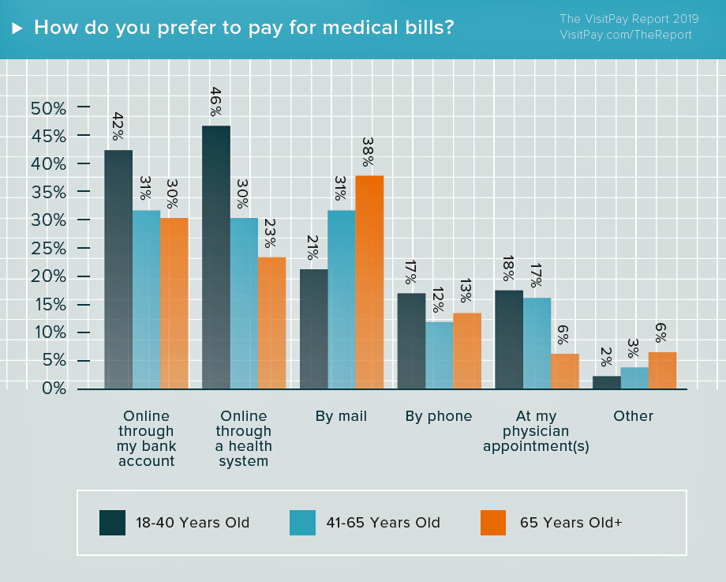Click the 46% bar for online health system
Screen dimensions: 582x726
216,257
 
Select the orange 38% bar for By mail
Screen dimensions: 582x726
369,282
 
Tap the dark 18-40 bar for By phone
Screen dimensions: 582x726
410,340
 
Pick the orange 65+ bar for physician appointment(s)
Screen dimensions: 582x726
564,371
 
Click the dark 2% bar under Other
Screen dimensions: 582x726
606,382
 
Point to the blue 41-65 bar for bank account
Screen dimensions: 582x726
146,299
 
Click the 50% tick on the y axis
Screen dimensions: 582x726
48,108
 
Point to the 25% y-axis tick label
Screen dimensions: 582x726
48,249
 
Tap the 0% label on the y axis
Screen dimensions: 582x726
52,389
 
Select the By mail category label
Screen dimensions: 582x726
341,416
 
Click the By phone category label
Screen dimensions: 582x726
439,416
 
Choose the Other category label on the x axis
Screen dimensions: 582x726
634,416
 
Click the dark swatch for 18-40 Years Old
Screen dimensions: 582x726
112,523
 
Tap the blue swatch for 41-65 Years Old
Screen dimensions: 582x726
303,523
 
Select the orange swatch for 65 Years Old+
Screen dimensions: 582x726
494,523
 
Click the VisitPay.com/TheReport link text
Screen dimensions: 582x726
626,35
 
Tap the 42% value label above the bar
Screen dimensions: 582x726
118,126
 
